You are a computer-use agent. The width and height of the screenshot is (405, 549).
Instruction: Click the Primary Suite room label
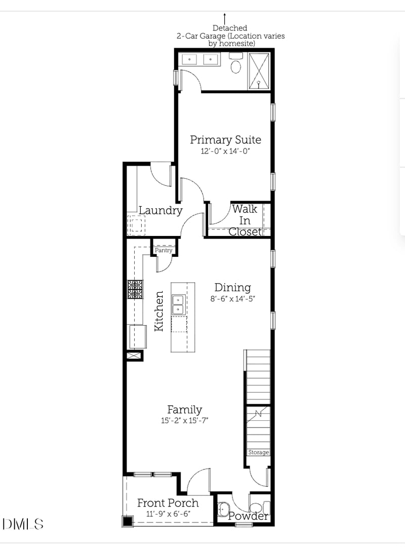coord(225,140)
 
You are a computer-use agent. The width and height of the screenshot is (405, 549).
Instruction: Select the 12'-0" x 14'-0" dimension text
coord(225,151)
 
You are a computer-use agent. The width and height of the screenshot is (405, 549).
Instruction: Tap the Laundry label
coord(160,211)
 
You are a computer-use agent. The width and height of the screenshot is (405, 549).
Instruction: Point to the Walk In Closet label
coord(245,220)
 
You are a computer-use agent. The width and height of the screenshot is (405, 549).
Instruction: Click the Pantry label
coord(164,250)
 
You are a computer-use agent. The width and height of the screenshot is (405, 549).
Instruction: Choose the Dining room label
coord(232,287)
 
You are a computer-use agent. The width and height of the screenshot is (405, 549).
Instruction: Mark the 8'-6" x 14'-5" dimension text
coord(232,299)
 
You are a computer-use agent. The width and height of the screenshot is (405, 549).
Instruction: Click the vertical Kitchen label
coord(159,311)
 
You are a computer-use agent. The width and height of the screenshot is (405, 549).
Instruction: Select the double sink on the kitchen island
coord(178,304)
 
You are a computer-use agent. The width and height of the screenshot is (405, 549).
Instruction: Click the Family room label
coord(185,409)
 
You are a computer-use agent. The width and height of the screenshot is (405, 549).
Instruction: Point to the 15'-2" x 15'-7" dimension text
coord(185,420)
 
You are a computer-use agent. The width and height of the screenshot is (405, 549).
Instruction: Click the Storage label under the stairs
coord(258,452)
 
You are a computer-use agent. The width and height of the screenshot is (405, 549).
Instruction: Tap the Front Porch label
coord(168,503)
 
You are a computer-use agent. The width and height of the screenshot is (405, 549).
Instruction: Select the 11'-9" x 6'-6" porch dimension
coord(168,514)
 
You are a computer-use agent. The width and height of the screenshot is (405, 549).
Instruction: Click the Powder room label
coord(248,516)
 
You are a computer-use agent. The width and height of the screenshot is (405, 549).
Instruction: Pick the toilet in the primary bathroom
coord(236,66)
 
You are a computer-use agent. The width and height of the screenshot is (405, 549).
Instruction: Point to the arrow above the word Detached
coord(225,19)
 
